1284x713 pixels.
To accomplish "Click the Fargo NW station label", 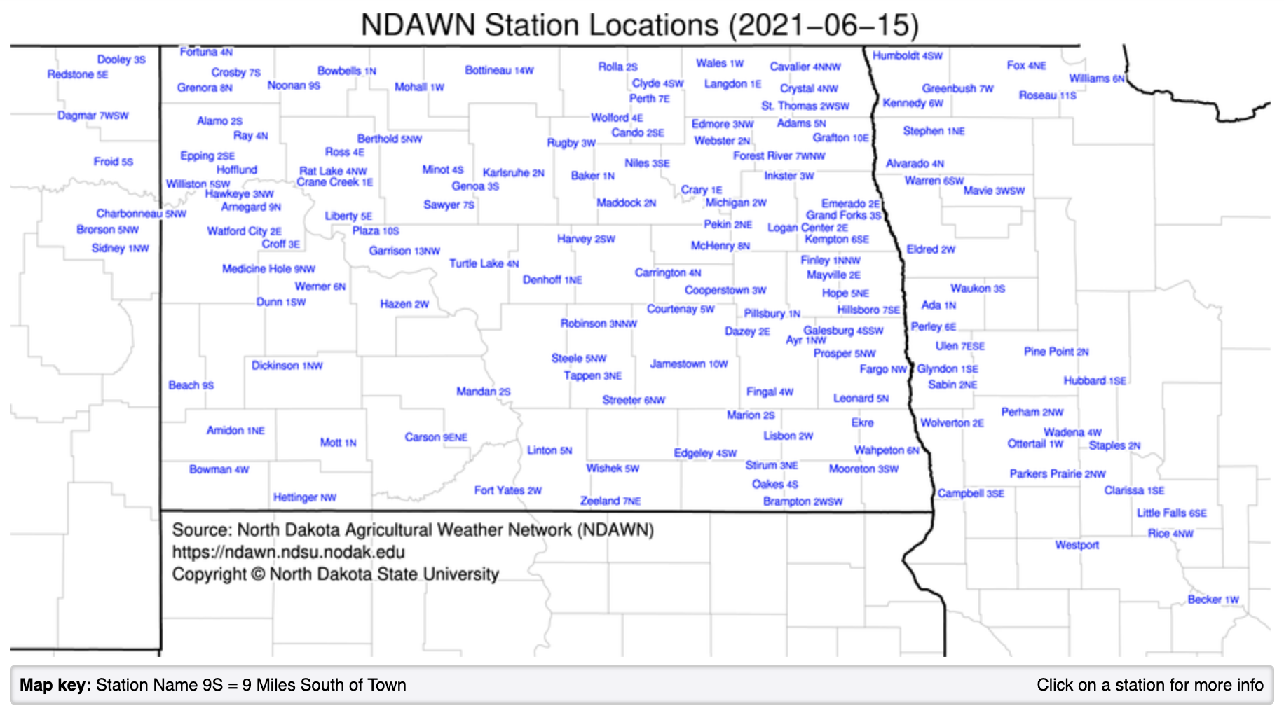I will [883, 369].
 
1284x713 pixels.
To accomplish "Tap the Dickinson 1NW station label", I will [287, 366].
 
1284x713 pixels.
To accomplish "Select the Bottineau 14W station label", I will [499, 70].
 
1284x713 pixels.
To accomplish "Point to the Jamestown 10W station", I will [688, 364].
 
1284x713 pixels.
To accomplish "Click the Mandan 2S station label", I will [483, 392].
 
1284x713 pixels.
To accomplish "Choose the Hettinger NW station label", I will [304, 497].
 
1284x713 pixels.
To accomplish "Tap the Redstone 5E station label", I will [77, 74].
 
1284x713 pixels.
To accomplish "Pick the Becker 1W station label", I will [1213, 600].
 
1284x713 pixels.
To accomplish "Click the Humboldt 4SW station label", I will [907, 55].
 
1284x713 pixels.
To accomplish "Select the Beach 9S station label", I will [191, 385].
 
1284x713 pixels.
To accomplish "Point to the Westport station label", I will [1077, 545].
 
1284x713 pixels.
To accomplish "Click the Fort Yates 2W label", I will [507, 490].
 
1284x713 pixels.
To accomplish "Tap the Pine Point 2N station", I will [1056, 352].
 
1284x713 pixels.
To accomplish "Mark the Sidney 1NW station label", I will [120, 248].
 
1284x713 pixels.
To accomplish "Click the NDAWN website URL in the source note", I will [288, 552].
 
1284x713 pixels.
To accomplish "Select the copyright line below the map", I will [335, 574].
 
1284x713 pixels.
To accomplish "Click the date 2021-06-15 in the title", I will [823, 25].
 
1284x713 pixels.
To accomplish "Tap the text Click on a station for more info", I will [1149, 685].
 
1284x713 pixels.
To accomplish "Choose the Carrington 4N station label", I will [667, 272].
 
